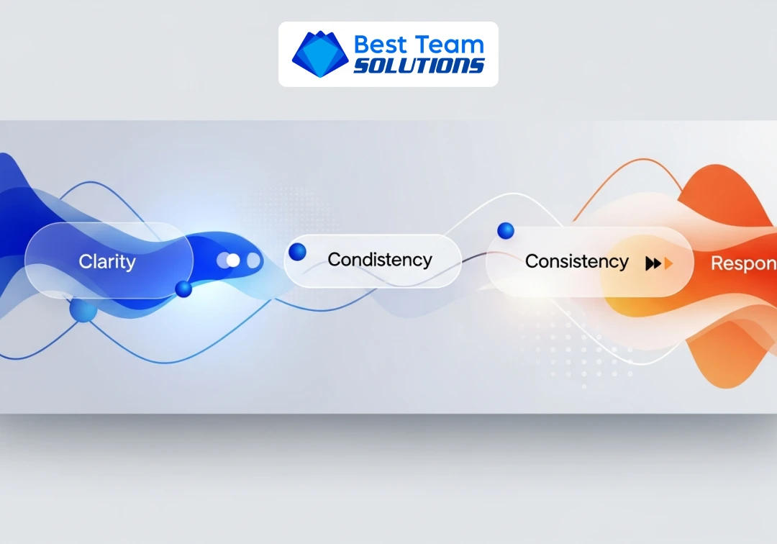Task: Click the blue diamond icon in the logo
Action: pyautogui.click(x=319, y=55)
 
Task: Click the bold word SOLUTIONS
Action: pyautogui.click(x=419, y=65)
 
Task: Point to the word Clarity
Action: pyautogui.click(x=107, y=262)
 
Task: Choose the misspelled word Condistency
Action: pyautogui.click(x=380, y=260)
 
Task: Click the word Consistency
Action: pyautogui.click(x=577, y=261)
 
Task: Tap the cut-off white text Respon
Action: pyautogui.click(x=743, y=263)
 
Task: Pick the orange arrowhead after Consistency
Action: pyautogui.click(x=669, y=263)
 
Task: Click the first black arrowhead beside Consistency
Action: pyautogui.click(x=650, y=263)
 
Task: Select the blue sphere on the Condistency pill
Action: pyautogui.click(x=297, y=252)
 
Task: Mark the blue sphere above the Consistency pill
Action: pyautogui.click(x=506, y=230)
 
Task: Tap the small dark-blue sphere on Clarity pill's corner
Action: pyautogui.click(x=183, y=289)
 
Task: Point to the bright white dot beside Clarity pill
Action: pyautogui.click(x=232, y=260)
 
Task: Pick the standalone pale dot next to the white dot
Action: pyautogui.click(x=253, y=260)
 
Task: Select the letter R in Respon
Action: pyautogui.click(x=717, y=263)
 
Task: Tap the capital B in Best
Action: pyautogui.click(x=362, y=45)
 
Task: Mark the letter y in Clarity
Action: pyautogui.click(x=130, y=264)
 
